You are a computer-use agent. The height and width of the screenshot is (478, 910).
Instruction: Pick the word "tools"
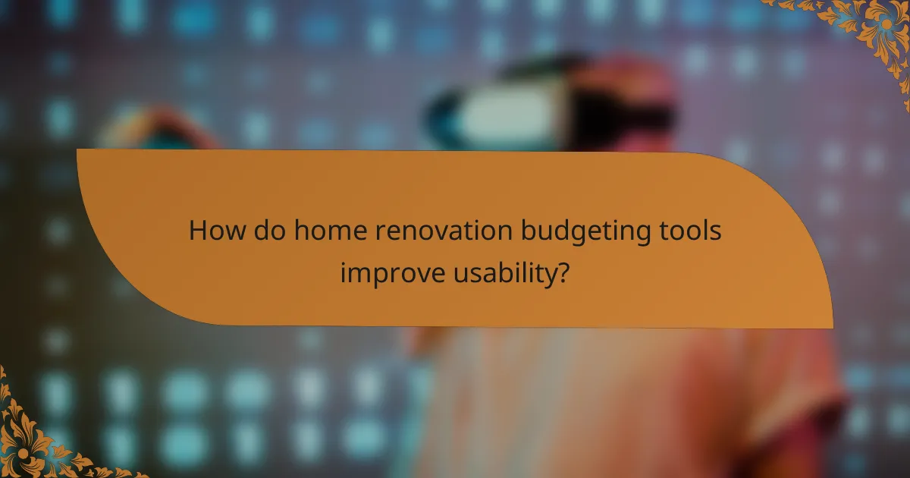pyautogui.click(x=689, y=231)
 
